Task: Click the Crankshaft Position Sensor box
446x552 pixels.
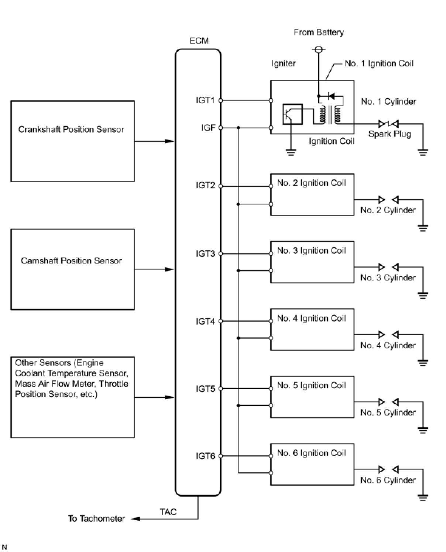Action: (72, 141)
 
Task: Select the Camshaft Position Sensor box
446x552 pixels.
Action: (72, 269)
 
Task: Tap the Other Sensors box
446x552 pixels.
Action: (72, 397)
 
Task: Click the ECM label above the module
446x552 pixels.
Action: (199, 41)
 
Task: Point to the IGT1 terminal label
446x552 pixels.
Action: (205, 100)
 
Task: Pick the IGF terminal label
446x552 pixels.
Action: (208, 128)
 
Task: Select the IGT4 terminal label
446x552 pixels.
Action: (205, 321)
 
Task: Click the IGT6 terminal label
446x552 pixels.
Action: (205, 456)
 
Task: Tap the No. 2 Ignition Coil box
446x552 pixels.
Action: (312, 194)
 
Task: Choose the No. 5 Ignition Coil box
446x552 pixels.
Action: (312, 397)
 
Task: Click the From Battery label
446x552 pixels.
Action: (319, 32)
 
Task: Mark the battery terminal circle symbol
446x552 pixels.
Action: (318, 49)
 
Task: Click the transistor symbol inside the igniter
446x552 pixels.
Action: (292, 114)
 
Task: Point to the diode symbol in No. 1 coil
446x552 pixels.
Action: (331, 96)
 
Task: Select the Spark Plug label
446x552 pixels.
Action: (390, 134)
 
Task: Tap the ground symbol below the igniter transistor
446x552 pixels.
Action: (291, 152)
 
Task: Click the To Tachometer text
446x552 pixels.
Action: (96, 518)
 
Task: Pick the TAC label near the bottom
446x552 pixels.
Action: (168, 512)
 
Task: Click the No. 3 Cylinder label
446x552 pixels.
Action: (388, 278)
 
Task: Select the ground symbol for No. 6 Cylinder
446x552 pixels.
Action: (423, 497)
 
